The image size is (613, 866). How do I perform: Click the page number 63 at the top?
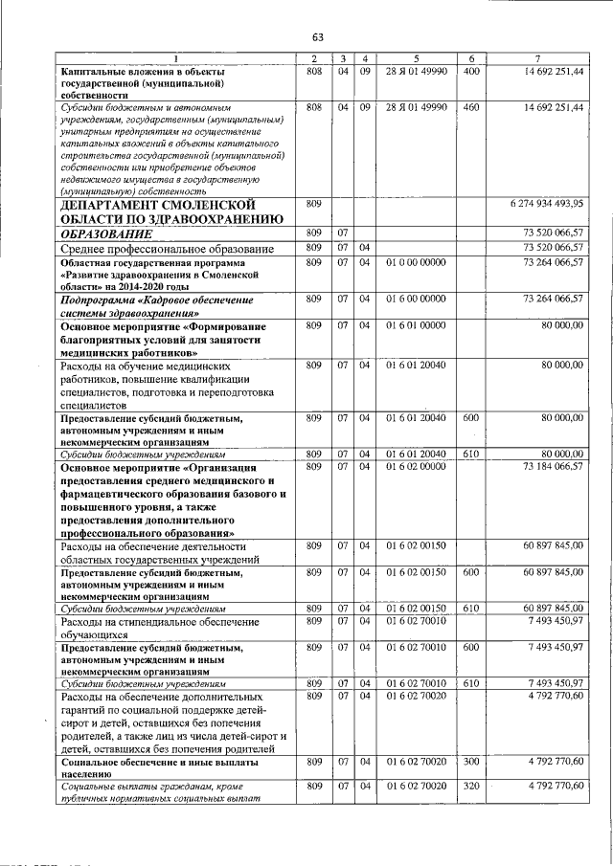pos(317,37)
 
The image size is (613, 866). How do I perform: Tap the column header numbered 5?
pos(416,59)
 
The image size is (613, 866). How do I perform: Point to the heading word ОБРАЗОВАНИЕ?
pos(106,233)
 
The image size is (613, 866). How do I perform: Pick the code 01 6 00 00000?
pos(416,300)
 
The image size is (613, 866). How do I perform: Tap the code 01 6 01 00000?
pos(416,326)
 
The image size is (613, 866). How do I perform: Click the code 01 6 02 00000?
pos(416,467)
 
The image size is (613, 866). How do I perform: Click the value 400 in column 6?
pos(470,72)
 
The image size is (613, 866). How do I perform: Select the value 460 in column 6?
pos(470,108)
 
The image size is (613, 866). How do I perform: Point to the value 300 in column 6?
pos(470,762)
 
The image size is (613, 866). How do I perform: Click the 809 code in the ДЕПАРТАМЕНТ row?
pos(313,205)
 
